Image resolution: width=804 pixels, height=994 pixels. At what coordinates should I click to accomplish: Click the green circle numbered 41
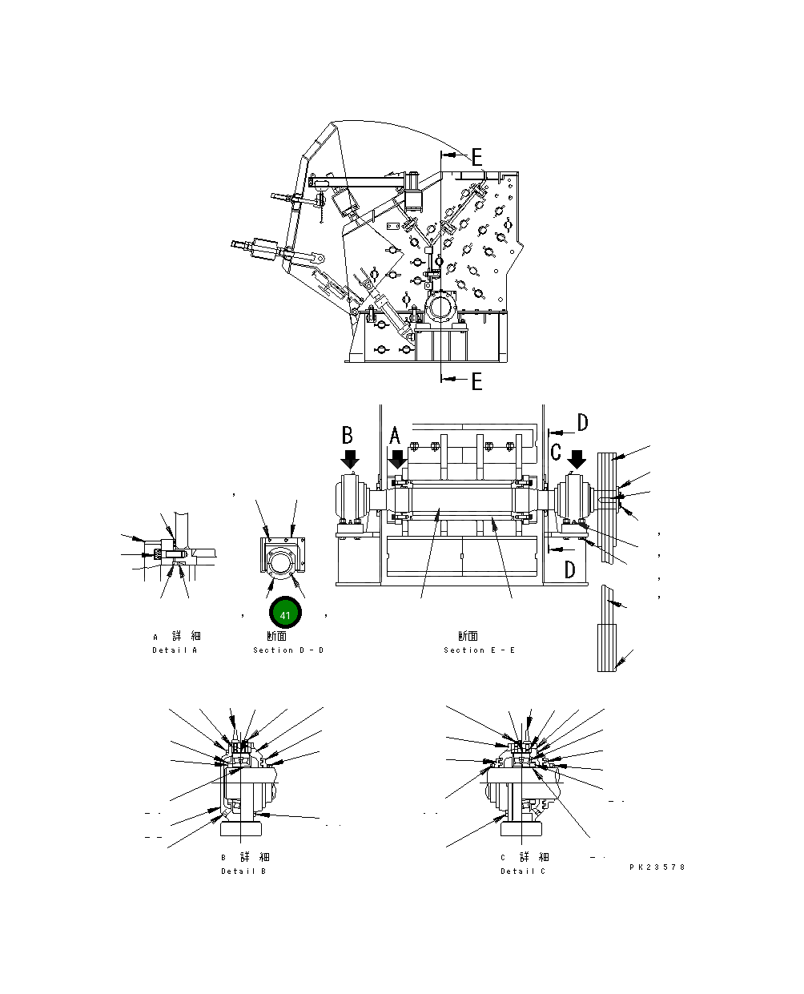tap(285, 614)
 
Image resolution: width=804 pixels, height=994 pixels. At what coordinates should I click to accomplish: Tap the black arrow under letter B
tap(349, 460)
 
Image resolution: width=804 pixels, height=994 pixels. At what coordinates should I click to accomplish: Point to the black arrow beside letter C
tap(577, 460)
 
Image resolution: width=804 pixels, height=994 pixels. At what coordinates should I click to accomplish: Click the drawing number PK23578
tap(657, 867)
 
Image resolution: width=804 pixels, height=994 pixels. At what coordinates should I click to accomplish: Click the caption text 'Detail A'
tap(175, 650)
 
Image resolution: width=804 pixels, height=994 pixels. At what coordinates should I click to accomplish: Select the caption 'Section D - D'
tap(288, 650)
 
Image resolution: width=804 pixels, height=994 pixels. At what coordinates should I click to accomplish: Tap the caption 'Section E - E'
tap(480, 650)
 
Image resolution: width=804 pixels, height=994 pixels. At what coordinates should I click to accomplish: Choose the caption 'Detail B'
tap(243, 871)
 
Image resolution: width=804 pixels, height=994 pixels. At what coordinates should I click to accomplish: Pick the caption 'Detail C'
tap(523, 871)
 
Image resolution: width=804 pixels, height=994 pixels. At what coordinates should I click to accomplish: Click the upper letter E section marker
tap(476, 156)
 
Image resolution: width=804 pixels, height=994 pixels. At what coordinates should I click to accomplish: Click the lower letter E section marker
tap(476, 381)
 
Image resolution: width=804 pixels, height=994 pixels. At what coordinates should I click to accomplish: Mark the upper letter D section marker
tap(582, 423)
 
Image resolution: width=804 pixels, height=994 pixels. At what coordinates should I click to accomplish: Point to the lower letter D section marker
tap(569, 569)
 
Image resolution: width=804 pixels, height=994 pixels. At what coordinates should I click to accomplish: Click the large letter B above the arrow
tap(348, 435)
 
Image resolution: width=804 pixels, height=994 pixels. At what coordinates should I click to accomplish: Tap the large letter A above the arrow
tap(395, 436)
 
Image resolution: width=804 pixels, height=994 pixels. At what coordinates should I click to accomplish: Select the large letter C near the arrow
tap(556, 452)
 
